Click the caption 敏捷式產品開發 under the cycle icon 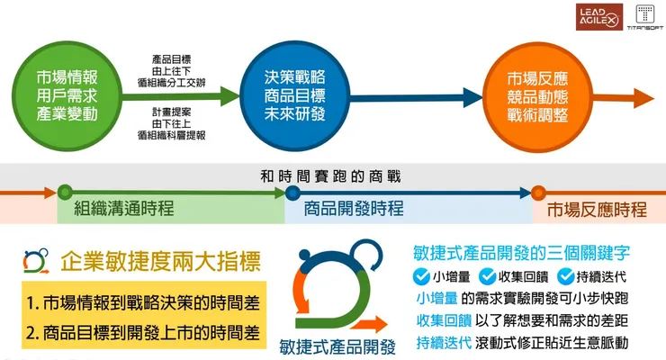[x=337, y=345]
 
